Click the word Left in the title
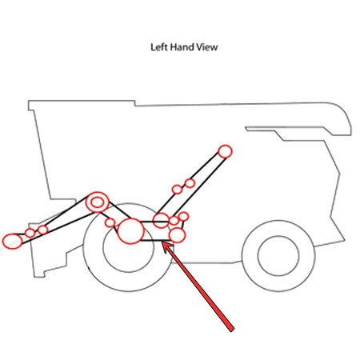coord(159,47)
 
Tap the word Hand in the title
coord(182,47)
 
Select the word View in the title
coord(207,47)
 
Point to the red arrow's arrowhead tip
coord(162,242)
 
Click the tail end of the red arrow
coord(232,330)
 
